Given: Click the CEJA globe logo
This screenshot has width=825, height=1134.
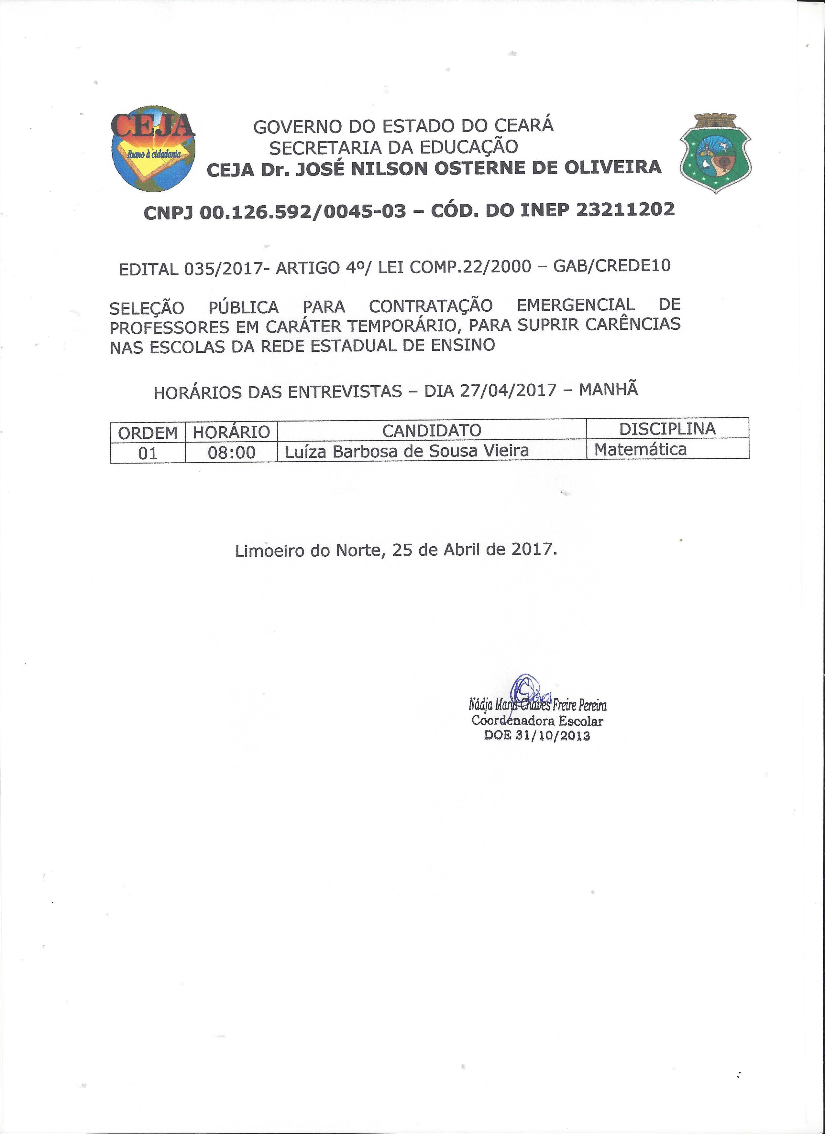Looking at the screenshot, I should [153, 148].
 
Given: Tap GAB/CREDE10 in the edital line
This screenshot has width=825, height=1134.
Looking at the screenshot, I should [611, 265].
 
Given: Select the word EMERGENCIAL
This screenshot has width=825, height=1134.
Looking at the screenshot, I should [575, 305].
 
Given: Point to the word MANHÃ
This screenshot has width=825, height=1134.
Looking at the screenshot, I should [608, 389].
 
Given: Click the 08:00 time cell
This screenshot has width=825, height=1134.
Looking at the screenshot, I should [231, 453].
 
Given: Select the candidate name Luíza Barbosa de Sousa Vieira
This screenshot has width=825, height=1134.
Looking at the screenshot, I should [407, 451].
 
